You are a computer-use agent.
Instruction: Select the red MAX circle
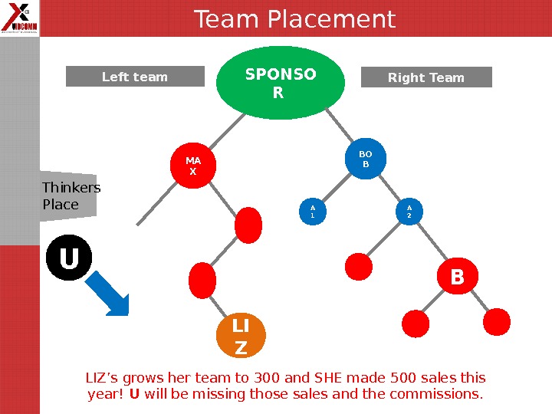click(x=192, y=166)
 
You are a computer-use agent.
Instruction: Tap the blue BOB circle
click(x=366, y=159)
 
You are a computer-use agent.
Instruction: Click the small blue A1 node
click(x=312, y=212)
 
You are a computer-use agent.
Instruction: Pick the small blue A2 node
click(x=409, y=212)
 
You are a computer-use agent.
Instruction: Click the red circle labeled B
click(x=457, y=277)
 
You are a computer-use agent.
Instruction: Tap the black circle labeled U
click(x=69, y=258)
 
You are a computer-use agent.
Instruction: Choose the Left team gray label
click(x=135, y=77)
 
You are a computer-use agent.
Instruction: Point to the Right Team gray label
click(x=426, y=77)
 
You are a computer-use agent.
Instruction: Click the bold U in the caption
click(x=134, y=395)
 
